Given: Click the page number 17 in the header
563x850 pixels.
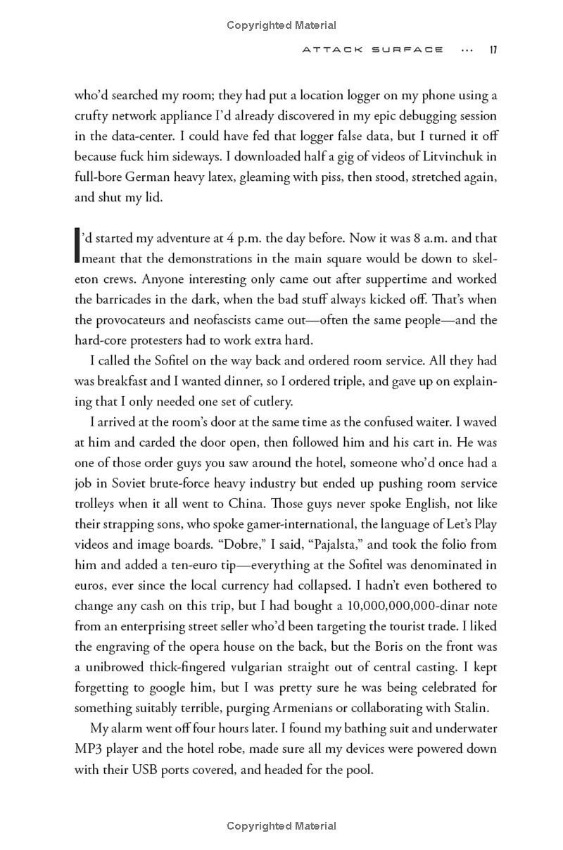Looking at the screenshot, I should coord(493,50).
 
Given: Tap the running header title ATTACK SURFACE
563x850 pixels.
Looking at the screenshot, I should coord(373,50).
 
